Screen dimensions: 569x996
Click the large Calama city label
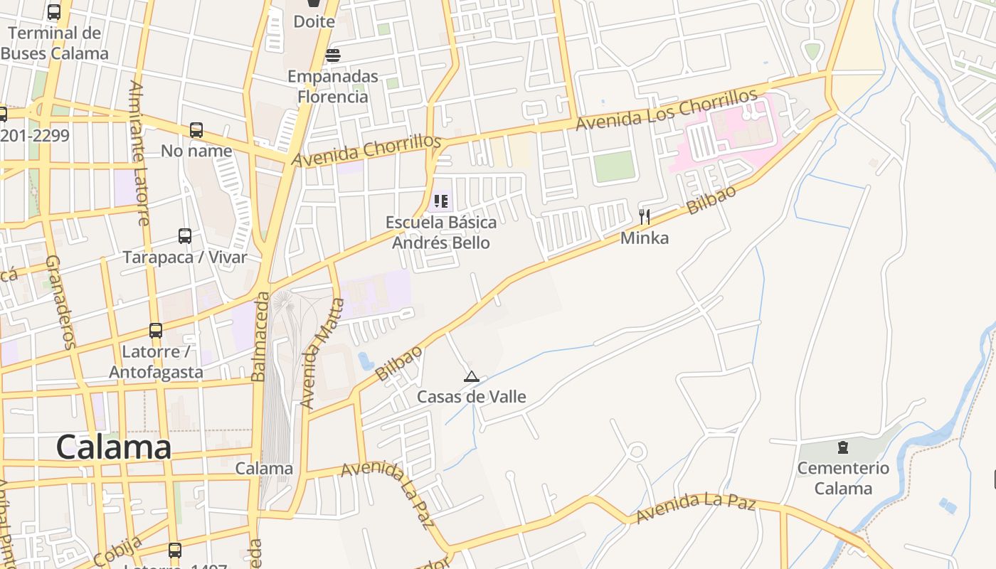tap(114, 447)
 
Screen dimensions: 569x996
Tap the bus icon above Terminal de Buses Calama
tap(54, 12)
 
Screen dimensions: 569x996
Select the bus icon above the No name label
tap(196, 130)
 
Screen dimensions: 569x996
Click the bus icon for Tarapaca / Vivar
tap(185, 236)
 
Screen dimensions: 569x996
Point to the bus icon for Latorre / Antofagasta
tap(156, 331)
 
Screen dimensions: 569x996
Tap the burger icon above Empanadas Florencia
tap(333, 55)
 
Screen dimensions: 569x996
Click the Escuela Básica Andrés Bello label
tap(441, 233)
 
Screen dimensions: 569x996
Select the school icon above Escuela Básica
tap(441, 202)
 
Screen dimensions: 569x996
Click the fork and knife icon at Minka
tap(645, 217)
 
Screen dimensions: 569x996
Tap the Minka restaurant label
tap(645, 238)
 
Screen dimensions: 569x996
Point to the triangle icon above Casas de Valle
tap(471, 376)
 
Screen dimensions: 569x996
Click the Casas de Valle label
tap(471, 396)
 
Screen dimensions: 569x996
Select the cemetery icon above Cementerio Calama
tap(843, 447)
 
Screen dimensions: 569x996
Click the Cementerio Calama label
tap(843, 478)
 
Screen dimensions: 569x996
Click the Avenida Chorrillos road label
tap(367, 151)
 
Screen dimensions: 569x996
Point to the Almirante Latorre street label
tap(139, 153)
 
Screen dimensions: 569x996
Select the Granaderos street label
tap(60, 302)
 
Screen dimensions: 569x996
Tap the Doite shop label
tap(314, 21)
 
